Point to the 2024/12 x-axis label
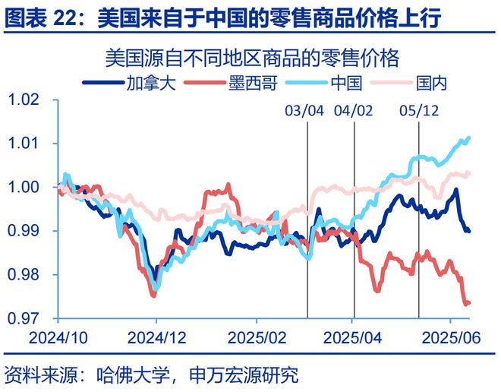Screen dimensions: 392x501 click(156, 335)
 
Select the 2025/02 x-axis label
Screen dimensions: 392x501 click(256, 335)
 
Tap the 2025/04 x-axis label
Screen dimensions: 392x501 click(352, 335)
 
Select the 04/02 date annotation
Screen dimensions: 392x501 click(354, 111)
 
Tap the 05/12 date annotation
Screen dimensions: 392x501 click(419, 111)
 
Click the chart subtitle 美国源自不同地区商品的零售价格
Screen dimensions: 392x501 click(251, 58)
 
